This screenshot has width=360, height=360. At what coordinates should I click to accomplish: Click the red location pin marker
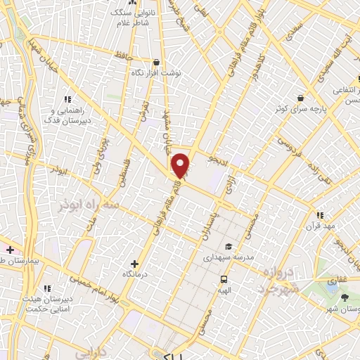pos(181,165)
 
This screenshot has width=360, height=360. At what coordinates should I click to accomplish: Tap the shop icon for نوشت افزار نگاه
pos(156,62)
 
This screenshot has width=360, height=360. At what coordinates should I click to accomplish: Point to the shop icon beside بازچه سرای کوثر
pos(300,98)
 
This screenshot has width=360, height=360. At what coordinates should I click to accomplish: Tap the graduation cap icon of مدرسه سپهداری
pos(229,247)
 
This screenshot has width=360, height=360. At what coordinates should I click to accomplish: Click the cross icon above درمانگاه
pos(135,264)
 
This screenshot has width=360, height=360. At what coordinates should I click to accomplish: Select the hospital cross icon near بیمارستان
pos(10,250)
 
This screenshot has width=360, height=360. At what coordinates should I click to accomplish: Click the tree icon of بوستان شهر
pos(343,297)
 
